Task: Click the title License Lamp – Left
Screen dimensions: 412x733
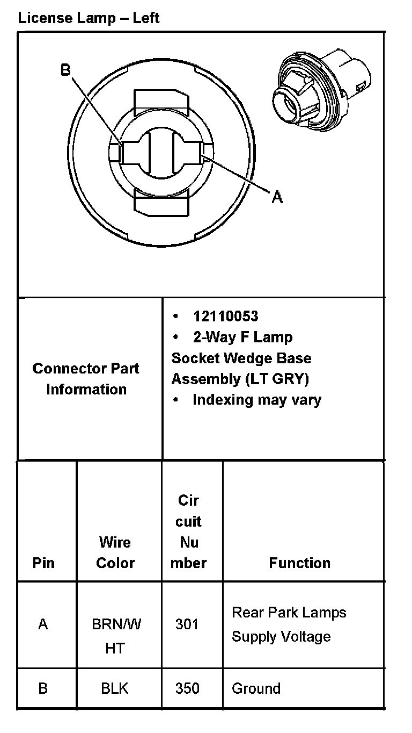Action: (89, 18)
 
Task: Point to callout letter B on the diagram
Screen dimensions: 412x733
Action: (65, 70)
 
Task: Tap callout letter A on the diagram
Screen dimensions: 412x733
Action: (277, 197)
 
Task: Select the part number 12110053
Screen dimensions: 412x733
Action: (225, 316)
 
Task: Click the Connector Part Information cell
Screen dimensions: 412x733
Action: (86, 379)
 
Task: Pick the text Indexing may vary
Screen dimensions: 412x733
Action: (256, 400)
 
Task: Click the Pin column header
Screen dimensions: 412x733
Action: (43, 563)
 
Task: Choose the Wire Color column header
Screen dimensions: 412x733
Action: (115, 552)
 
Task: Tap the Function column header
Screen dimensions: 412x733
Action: (299, 563)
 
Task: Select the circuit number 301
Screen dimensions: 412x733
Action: (187, 624)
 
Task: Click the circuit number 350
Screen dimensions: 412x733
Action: (187, 688)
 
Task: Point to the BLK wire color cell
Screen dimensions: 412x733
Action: (115, 688)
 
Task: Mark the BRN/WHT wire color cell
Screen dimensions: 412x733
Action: (115, 636)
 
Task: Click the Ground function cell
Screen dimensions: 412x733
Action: (256, 688)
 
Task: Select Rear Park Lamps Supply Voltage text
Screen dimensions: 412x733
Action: (289, 624)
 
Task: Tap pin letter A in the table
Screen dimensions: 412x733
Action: (43, 624)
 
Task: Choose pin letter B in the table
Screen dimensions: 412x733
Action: (43, 688)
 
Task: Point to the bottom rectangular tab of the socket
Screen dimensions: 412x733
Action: (161, 204)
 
